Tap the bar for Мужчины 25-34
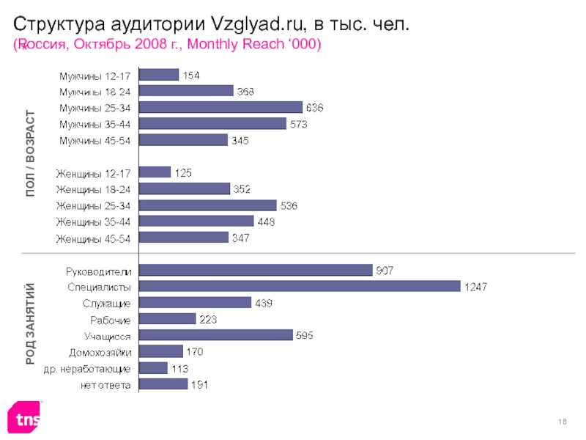[220, 107]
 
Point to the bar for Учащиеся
[215, 335]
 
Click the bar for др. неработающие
[153, 367]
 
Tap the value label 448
[264, 221]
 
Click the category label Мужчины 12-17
[94, 75]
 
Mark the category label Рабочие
[111, 320]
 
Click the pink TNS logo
[25, 419]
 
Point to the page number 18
[563, 418]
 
